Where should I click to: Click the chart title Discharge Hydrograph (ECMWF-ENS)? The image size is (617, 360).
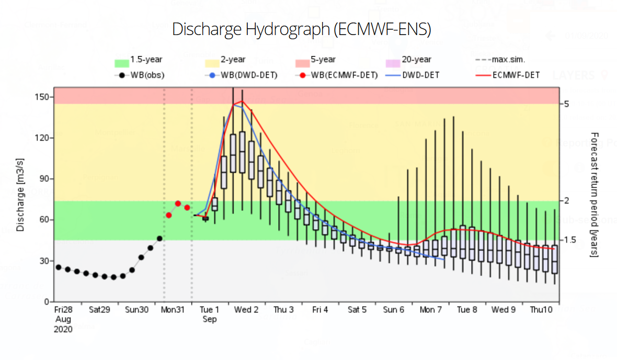pos(301,29)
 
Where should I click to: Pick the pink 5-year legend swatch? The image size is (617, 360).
pos(302,63)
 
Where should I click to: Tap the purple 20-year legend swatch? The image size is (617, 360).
pos(393,63)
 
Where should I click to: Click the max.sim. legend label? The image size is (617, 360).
pos(508,59)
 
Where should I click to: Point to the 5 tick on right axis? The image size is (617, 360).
pos(567,104)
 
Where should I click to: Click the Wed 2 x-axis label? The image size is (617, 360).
pos(246,310)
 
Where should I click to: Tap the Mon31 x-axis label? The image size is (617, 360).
pos(173,310)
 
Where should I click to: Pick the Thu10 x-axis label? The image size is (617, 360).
pos(541,310)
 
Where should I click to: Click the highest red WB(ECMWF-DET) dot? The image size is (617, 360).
pos(178,204)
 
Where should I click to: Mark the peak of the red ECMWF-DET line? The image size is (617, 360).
pos(242,101)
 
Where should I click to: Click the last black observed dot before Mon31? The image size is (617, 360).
pos(159,239)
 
